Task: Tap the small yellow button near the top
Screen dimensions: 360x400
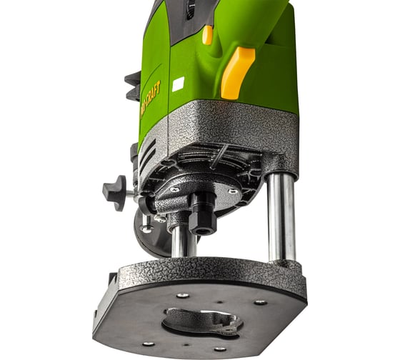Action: [x=207, y=34]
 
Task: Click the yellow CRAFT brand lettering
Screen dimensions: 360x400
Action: [x=151, y=96]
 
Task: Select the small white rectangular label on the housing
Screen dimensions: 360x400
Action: [x=178, y=84]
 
